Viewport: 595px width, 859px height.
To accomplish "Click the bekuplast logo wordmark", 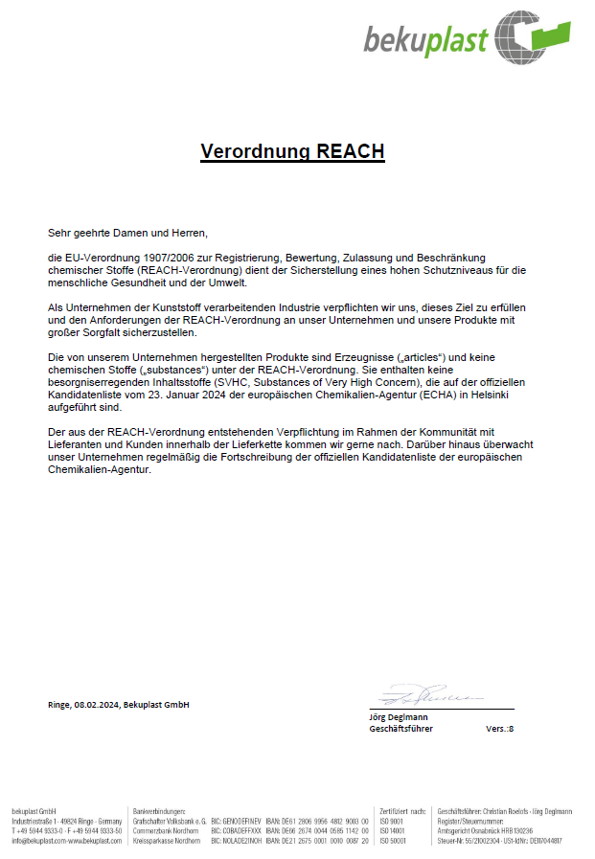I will [425, 40].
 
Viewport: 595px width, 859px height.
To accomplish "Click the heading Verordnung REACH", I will [292, 151].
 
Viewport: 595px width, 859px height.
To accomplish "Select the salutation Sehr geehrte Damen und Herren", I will [127, 233].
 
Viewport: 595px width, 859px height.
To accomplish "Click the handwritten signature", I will [422, 693].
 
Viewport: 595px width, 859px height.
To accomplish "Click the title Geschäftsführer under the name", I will [400, 729].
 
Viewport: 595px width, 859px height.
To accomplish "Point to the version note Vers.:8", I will [499, 729].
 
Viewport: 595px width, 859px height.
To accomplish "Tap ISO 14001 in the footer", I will [393, 831].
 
